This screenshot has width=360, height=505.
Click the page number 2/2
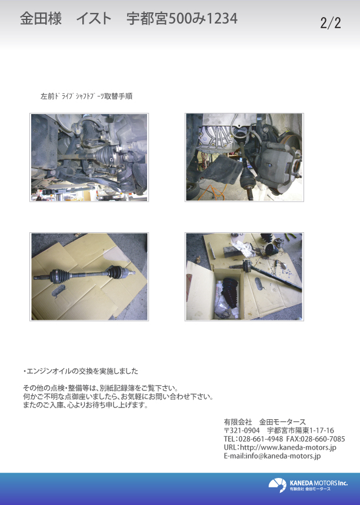(x=331, y=23)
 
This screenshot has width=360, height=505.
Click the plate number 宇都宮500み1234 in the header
(x=182, y=19)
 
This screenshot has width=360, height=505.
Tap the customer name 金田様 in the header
(x=41, y=19)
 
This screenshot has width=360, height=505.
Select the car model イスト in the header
(x=94, y=19)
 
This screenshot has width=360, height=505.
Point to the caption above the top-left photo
(x=86, y=96)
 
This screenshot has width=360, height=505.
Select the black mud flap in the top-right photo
(x=222, y=170)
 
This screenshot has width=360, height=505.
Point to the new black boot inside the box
(x=230, y=293)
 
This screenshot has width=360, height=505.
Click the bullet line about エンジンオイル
(x=81, y=371)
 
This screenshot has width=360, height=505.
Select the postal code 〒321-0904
(x=242, y=430)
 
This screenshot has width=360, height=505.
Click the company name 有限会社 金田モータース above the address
(x=265, y=422)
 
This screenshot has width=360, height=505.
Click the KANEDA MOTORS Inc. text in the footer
(x=318, y=483)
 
